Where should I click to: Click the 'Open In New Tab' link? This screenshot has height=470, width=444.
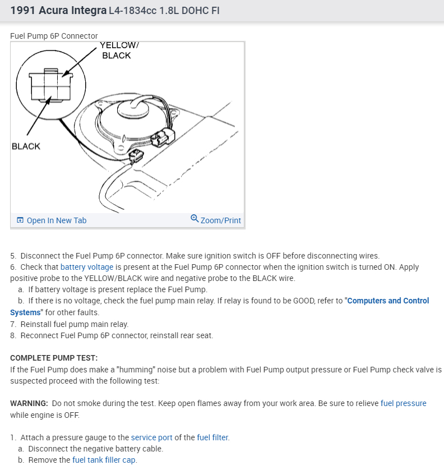coord(56,220)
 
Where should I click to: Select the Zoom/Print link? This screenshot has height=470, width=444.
coord(220,220)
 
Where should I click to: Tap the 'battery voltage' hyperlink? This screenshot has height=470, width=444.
coord(87,267)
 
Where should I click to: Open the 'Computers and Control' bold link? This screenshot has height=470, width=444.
coord(388,301)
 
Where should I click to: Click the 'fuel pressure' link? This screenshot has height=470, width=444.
coord(403,403)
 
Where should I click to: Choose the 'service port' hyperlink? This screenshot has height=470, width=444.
coord(151,437)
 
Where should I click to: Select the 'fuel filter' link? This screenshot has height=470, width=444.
coord(212,437)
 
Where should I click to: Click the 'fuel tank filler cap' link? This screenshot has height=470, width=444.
coord(104,460)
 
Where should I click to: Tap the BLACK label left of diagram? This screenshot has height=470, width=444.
coord(26,146)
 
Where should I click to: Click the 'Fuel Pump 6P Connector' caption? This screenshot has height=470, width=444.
coord(54,36)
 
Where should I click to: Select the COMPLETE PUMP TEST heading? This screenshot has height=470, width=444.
coord(54,358)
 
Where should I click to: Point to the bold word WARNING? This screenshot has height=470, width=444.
coord(29,403)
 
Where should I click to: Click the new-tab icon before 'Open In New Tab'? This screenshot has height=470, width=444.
coord(20,220)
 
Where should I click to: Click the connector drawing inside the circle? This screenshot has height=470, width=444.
coord(50,84)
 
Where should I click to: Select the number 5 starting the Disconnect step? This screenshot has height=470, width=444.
coord(13,256)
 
